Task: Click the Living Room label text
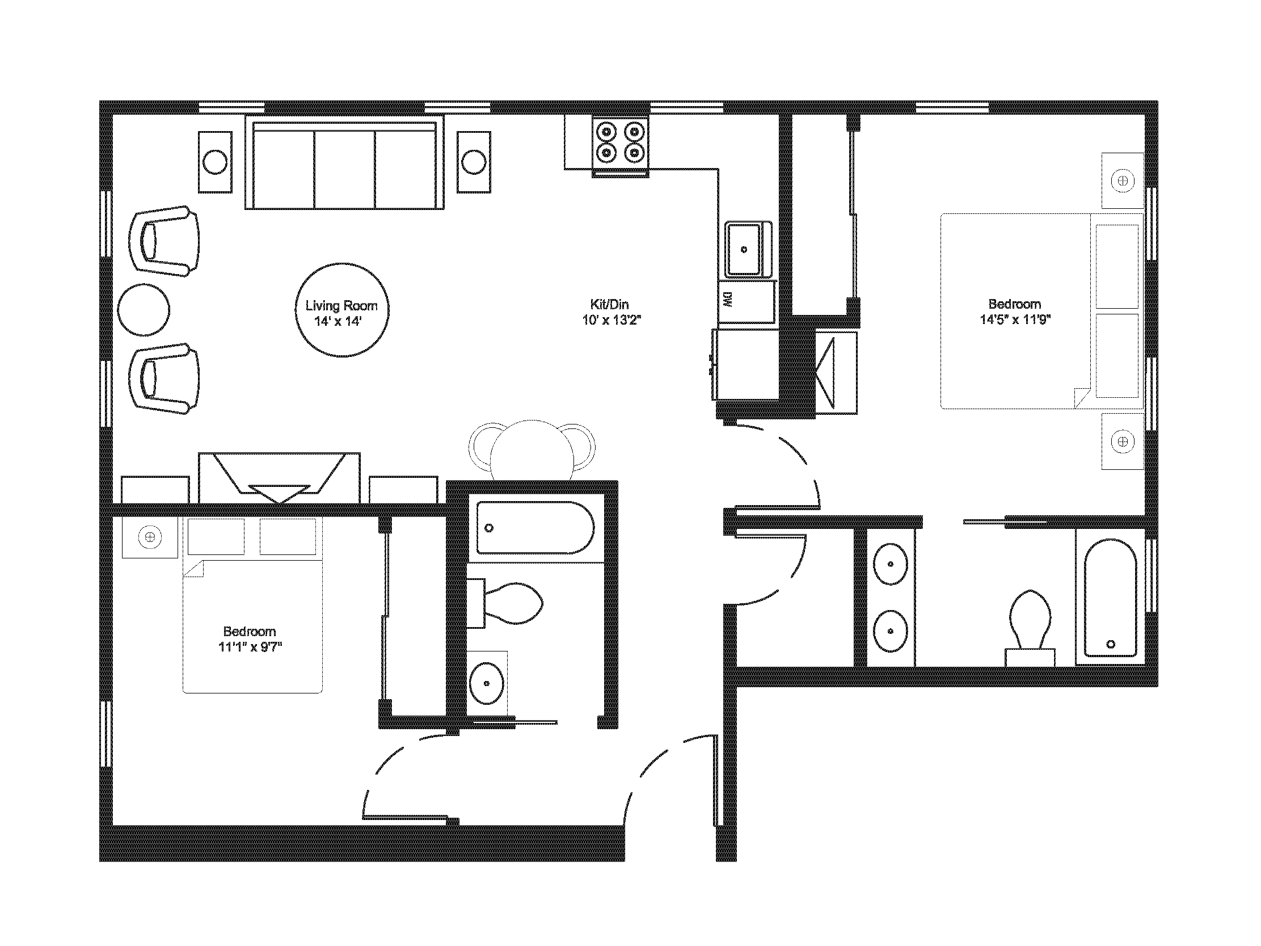[x=341, y=306]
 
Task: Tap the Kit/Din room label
[x=609, y=305]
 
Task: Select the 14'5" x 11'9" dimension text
[x=1015, y=319]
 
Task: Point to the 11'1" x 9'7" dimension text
[x=250, y=646]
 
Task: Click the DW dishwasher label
[x=727, y=300]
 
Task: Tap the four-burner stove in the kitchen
[x=620, y=146]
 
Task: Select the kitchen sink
[x=748, y=249]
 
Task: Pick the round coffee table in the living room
[x=342, y=310]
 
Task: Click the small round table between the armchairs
[x=144, y=310]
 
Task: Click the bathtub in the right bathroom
[x=1110, y=598]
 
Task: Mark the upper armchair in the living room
[x=165, y=241]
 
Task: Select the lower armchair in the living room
[x=165, y=378]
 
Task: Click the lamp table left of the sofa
[x=216, y=162]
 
